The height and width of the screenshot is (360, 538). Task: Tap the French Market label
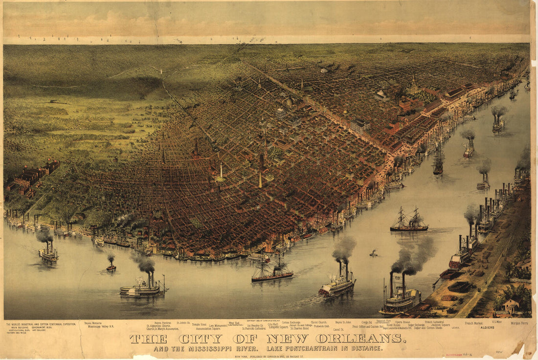[x=473, y=323]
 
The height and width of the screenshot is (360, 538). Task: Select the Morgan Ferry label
[x=519, y=323]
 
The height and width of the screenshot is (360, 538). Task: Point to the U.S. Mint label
[x=497, y=322]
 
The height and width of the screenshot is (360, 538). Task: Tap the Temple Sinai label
[x=199, y=324]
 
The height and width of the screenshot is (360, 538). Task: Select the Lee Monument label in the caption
[x=218, y=326]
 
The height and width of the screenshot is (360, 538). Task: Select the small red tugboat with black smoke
[x=112, y=267]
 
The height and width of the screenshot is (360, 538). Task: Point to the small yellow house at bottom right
[x=511, y=306]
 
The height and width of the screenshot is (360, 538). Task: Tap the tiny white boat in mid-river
[x=374, y=254]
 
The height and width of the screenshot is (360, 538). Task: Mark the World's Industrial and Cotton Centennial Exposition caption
[x=41, y=324]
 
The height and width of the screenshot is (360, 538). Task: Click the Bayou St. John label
[x=343, y=322]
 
